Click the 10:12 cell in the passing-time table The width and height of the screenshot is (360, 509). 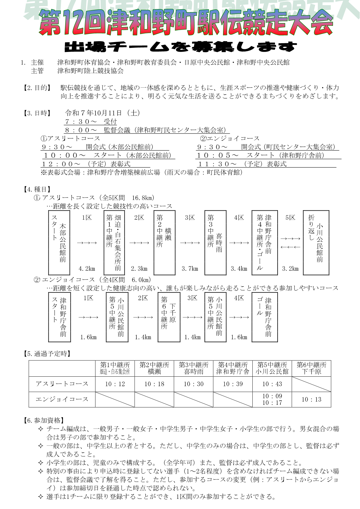115,384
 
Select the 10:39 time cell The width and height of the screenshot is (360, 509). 233,384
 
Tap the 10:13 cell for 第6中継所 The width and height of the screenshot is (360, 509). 311,400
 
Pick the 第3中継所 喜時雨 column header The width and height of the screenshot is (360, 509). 193,368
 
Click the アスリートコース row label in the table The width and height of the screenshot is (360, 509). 62,384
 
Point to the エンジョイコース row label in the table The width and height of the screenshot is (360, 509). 62,399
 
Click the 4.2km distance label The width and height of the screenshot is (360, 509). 87,269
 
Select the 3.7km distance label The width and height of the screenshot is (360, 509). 190,269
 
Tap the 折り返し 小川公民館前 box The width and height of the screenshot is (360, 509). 316,243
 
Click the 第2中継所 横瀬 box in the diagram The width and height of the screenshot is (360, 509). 164,243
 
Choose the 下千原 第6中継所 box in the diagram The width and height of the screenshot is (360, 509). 169,317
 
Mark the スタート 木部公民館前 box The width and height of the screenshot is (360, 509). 59,243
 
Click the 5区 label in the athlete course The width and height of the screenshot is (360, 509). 290,218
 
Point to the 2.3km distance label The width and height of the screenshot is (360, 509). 139,269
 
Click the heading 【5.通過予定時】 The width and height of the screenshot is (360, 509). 47,354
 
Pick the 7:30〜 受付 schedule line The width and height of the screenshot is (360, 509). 91,122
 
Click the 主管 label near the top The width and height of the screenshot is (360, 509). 37,71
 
